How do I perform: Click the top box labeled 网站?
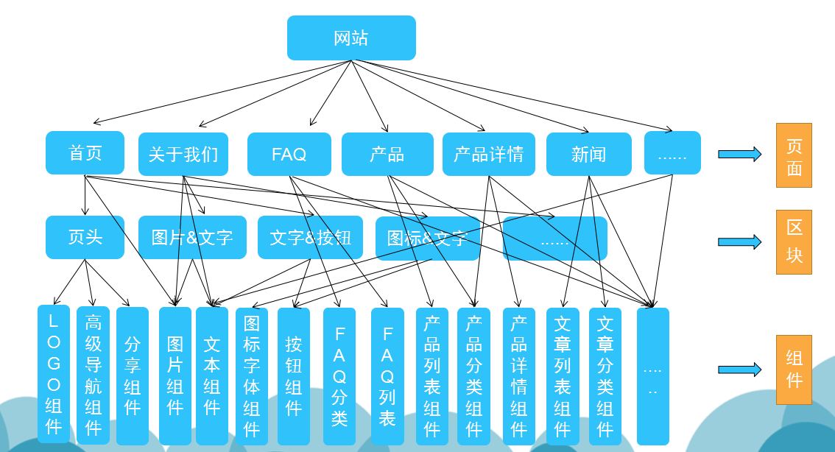tap(351, 38)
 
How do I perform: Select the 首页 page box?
tap(85, 153)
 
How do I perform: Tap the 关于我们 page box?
tap(183, 154)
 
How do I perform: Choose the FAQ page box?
tap(289, 154)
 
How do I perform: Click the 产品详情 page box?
tap(489, 154)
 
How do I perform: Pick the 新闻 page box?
tap(588, 154)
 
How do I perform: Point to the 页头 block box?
tap(85, 237)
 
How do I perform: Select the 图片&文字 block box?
tap(192, 237)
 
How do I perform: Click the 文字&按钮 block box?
tap(310, 237)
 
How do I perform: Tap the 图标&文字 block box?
tap(428, 238)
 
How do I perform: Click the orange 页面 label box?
tap(794, 155)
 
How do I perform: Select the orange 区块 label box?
tap(794, 241)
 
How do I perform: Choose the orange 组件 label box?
tap(794, 370)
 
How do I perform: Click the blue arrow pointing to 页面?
tap(739, 154)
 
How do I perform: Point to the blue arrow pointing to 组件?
tap(739, 370)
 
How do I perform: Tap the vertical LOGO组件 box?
tap(54, 374)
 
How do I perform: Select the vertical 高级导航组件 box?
tap(93, 375)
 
